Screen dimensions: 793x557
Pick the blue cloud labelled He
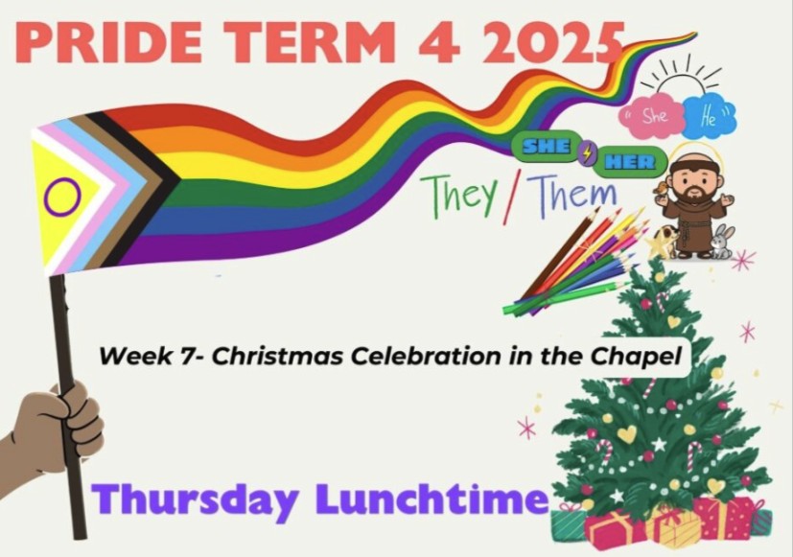tap(710, 116)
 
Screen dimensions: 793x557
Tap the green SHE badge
tap(546, 147)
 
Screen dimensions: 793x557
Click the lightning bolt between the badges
tap(587, 153)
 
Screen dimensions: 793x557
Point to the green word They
tap(462, 194)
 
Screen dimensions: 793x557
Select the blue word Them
tap(574, 194)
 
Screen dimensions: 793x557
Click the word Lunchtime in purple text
tap(431, 498)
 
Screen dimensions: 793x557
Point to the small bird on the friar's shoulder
tap(659, 189)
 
